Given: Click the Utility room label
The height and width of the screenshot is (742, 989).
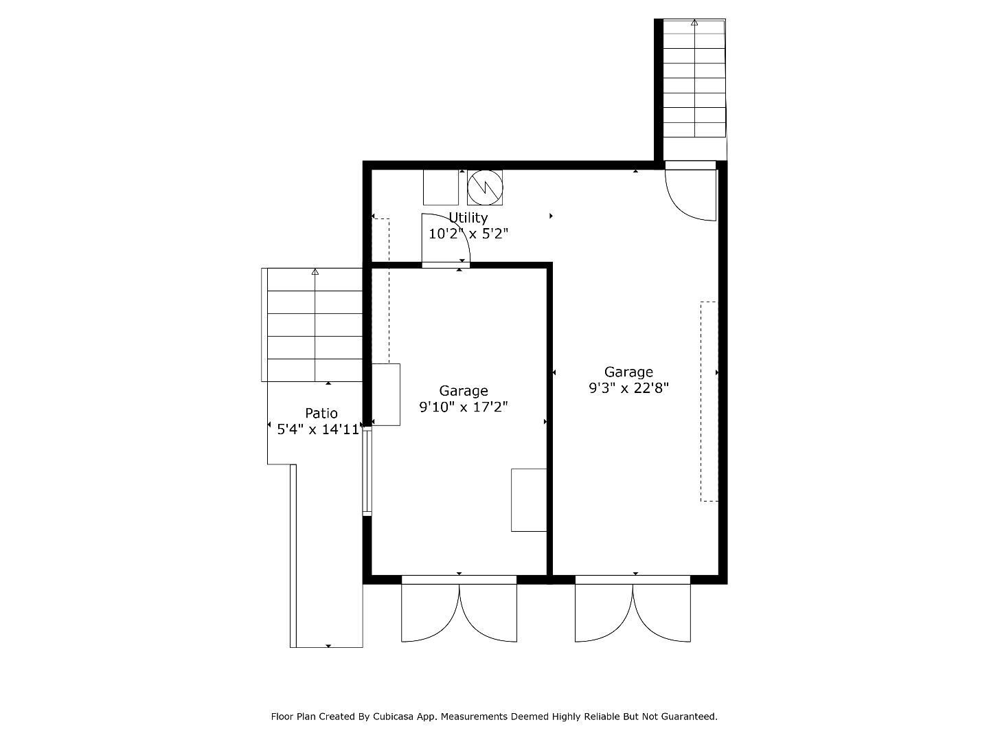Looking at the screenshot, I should (x=468, y=218).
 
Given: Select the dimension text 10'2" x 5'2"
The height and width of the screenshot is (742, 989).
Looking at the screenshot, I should (x=468, y=234).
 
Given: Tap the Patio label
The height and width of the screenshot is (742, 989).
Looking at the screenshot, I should (x=321, y=413).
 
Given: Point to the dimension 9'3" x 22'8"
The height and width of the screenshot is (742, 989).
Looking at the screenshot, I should (x=628, y=388).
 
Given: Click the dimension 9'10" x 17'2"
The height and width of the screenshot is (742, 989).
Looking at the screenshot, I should (x=464, y=407).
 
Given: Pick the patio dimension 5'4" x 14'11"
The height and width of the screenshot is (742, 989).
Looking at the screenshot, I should (x=318, y=430).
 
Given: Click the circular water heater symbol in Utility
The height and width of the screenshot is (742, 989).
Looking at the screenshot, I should (x=485, y=188).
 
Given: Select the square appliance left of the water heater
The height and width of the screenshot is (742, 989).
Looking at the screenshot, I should (x=440, y=188).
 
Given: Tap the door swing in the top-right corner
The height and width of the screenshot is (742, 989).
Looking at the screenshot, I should (x=691, y=194).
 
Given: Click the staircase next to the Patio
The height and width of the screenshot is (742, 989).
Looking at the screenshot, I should (x=315, y=324).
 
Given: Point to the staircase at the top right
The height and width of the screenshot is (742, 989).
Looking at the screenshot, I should (x=694, y=78).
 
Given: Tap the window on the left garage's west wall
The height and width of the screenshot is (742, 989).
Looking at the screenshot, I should (x=367, y=471).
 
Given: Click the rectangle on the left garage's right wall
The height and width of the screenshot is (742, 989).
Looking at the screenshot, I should (x=529, y=500).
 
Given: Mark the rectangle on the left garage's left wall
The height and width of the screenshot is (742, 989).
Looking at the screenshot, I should (x=386, y=395).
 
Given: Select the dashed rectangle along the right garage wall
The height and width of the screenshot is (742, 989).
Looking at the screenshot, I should (x=708, y=401).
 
